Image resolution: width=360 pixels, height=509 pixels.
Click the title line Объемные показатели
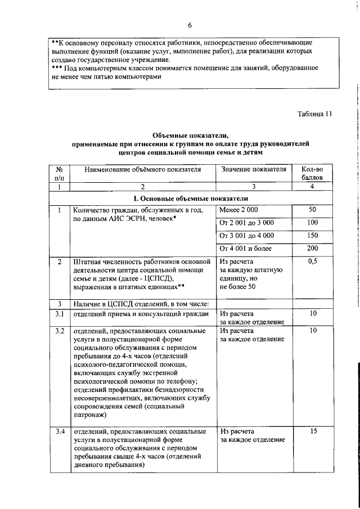click(x=191, y=136)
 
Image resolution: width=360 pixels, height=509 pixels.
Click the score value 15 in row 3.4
click(x=313, y=431)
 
